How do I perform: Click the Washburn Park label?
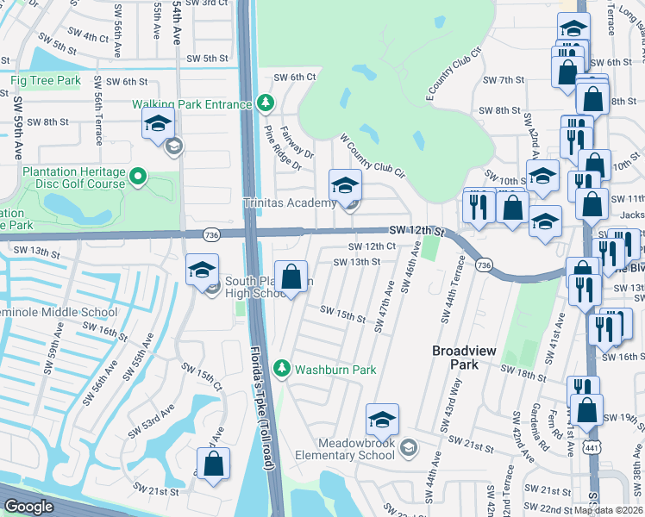(x=335, y=370)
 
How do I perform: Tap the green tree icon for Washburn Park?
(x=281, y=369)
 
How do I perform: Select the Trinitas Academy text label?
(x=289, y=203)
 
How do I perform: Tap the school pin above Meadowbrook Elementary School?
(x=382, y=420)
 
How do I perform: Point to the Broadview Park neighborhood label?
(x=461, y=358)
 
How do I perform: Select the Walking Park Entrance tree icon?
(x=266, y=104)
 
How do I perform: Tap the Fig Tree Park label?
(x=46, y=80)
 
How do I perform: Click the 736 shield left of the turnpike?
(x=210, y=234)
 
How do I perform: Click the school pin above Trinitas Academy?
(x=345, y=185)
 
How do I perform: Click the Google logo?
(x=28, y=507)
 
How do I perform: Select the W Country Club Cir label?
(x=373, y=154)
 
